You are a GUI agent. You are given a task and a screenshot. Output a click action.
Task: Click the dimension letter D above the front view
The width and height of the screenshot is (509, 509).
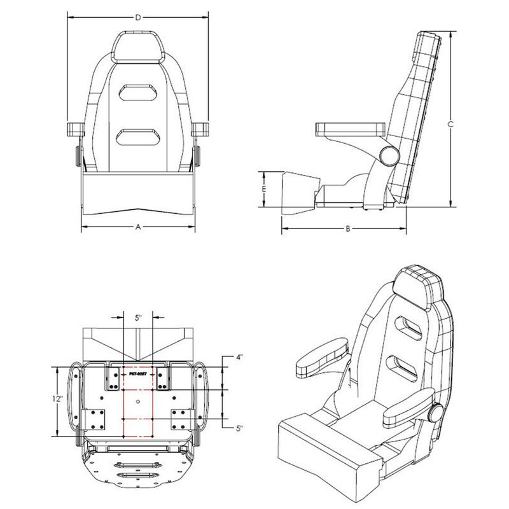click(138, 18)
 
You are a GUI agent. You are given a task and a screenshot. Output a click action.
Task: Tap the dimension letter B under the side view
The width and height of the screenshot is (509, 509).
click(348, 228)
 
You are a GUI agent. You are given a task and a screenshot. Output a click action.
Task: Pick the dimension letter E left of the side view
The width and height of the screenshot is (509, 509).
click(263, 189)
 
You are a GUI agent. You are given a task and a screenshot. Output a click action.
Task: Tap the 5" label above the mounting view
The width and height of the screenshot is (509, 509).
click(138, 316)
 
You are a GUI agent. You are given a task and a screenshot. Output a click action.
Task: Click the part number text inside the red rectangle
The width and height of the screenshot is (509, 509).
click(138, 374)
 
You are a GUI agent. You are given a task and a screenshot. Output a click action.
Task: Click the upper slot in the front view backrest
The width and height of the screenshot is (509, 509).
click(138, 91)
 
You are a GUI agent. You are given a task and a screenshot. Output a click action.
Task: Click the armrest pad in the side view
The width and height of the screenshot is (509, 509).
click(349, 129)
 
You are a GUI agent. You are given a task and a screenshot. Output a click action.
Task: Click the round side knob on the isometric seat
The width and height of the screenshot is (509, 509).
click(435, 412)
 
